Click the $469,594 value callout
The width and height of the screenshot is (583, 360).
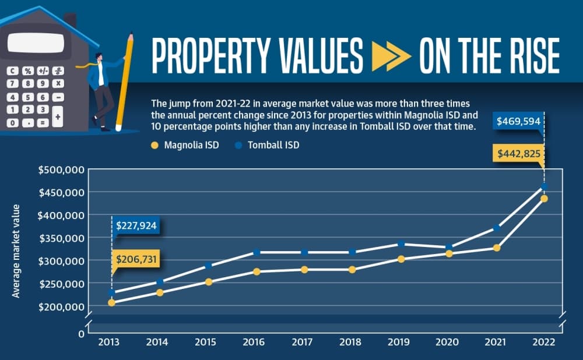[x=518, y=121]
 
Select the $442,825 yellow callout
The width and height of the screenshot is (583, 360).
[x=518, y=153]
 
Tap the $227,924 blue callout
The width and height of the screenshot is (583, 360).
[x=136, y=225]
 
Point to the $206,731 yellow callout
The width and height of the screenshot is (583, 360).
[x=136, y=259]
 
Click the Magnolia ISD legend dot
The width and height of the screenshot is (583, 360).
[x=154, y=145]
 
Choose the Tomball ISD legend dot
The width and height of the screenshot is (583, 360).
[x=238, y=145]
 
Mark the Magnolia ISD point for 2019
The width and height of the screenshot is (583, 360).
[x=401, y=259]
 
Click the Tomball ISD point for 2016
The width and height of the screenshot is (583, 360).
[x=257, y=252]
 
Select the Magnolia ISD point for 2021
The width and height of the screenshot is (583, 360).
[x=497, y=248]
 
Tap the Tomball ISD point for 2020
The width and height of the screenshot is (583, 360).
[x=449, y=247]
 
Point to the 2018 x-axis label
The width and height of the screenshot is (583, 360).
[x=350, y=342]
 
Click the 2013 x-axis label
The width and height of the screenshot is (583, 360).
[x=108, y=342]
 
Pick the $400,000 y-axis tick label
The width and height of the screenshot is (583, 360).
[x=61, y=215]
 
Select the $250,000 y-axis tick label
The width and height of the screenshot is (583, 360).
[x=61, y=284]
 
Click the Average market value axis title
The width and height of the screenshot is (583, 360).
[x=16, y=251]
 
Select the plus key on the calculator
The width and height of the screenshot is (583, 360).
[x=58, y=117]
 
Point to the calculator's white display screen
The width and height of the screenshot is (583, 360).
[x=36, y=43]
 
